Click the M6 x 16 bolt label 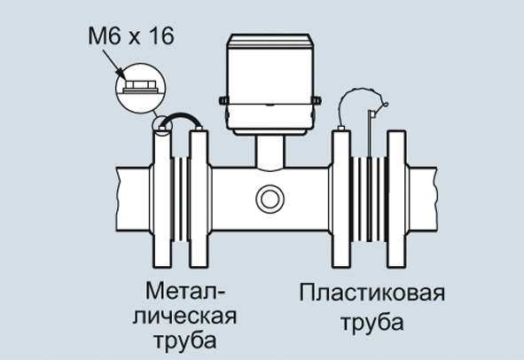(x=131, y=36)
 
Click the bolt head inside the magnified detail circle (x=141, y=85)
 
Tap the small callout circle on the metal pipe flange (x=162, y=125)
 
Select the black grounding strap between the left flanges (x=181, y=118)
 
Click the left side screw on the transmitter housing (x=223, y=100)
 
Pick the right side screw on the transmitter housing (x=317, y=100)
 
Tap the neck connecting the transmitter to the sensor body (x=270, y=151)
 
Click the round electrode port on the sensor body (x=270, y=199)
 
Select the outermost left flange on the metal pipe (x=162, y=199)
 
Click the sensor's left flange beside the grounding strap (x=199, y=199)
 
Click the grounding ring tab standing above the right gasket (x=371, y=134)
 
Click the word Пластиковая (x=372, y=293)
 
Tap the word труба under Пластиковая (x=372, y=322)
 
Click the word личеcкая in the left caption (x=184, y=317)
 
